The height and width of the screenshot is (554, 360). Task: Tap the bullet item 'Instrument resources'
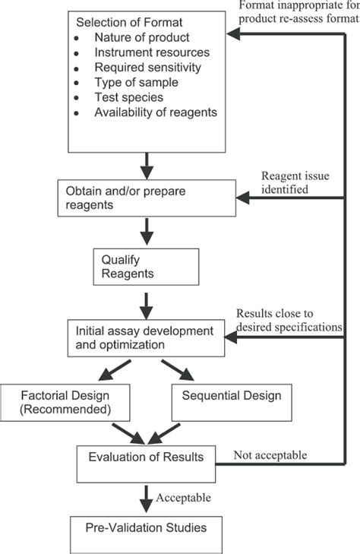coord(148,52)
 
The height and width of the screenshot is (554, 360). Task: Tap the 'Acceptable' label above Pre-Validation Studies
coord(182,498)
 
